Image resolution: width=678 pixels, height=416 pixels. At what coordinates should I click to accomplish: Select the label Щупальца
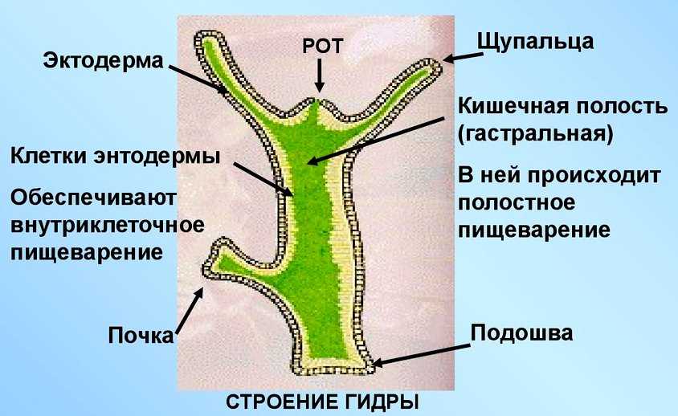click(x=535, y=41)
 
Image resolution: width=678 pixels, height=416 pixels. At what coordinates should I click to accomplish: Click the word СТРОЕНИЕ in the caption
click(x=282, y=401)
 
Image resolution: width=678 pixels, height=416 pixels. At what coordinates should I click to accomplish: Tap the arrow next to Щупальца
click(x=459, y=58)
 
